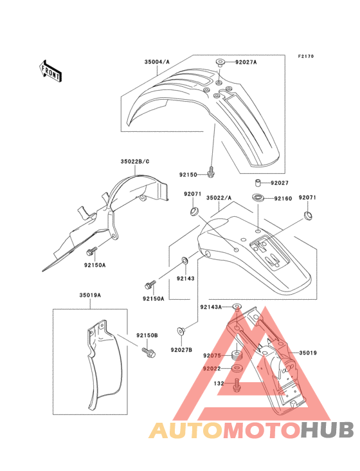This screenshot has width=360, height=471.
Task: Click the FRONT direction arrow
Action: click(x=50, y=71)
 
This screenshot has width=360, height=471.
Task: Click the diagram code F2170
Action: click(x=306, y=56)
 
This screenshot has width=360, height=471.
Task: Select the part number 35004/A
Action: click(x=157, y=62)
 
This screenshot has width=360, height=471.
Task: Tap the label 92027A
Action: click(x=246, y=62)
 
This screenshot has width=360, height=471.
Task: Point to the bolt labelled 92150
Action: click(x=212, y=172)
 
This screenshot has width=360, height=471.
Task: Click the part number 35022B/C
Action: click(x=135, y=162)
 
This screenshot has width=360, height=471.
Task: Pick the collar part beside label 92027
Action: click(x=256, y=183)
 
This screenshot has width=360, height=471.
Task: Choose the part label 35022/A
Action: click(x=219, y=198)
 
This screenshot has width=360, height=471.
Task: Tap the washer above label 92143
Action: click(x=184, y=259)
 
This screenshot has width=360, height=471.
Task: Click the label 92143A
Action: click(x=211, y=307)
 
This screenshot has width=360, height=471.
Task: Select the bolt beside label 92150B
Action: click(x=148, y=353)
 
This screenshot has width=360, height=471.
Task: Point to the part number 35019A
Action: click(x=90, y=295)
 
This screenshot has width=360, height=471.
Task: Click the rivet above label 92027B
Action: click(x=181, y=331)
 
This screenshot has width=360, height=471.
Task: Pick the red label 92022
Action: click(x=212, y=369)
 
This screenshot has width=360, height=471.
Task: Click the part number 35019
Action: click(x=308, y=353)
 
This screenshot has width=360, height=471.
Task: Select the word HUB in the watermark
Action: click(x=327, y=430)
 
